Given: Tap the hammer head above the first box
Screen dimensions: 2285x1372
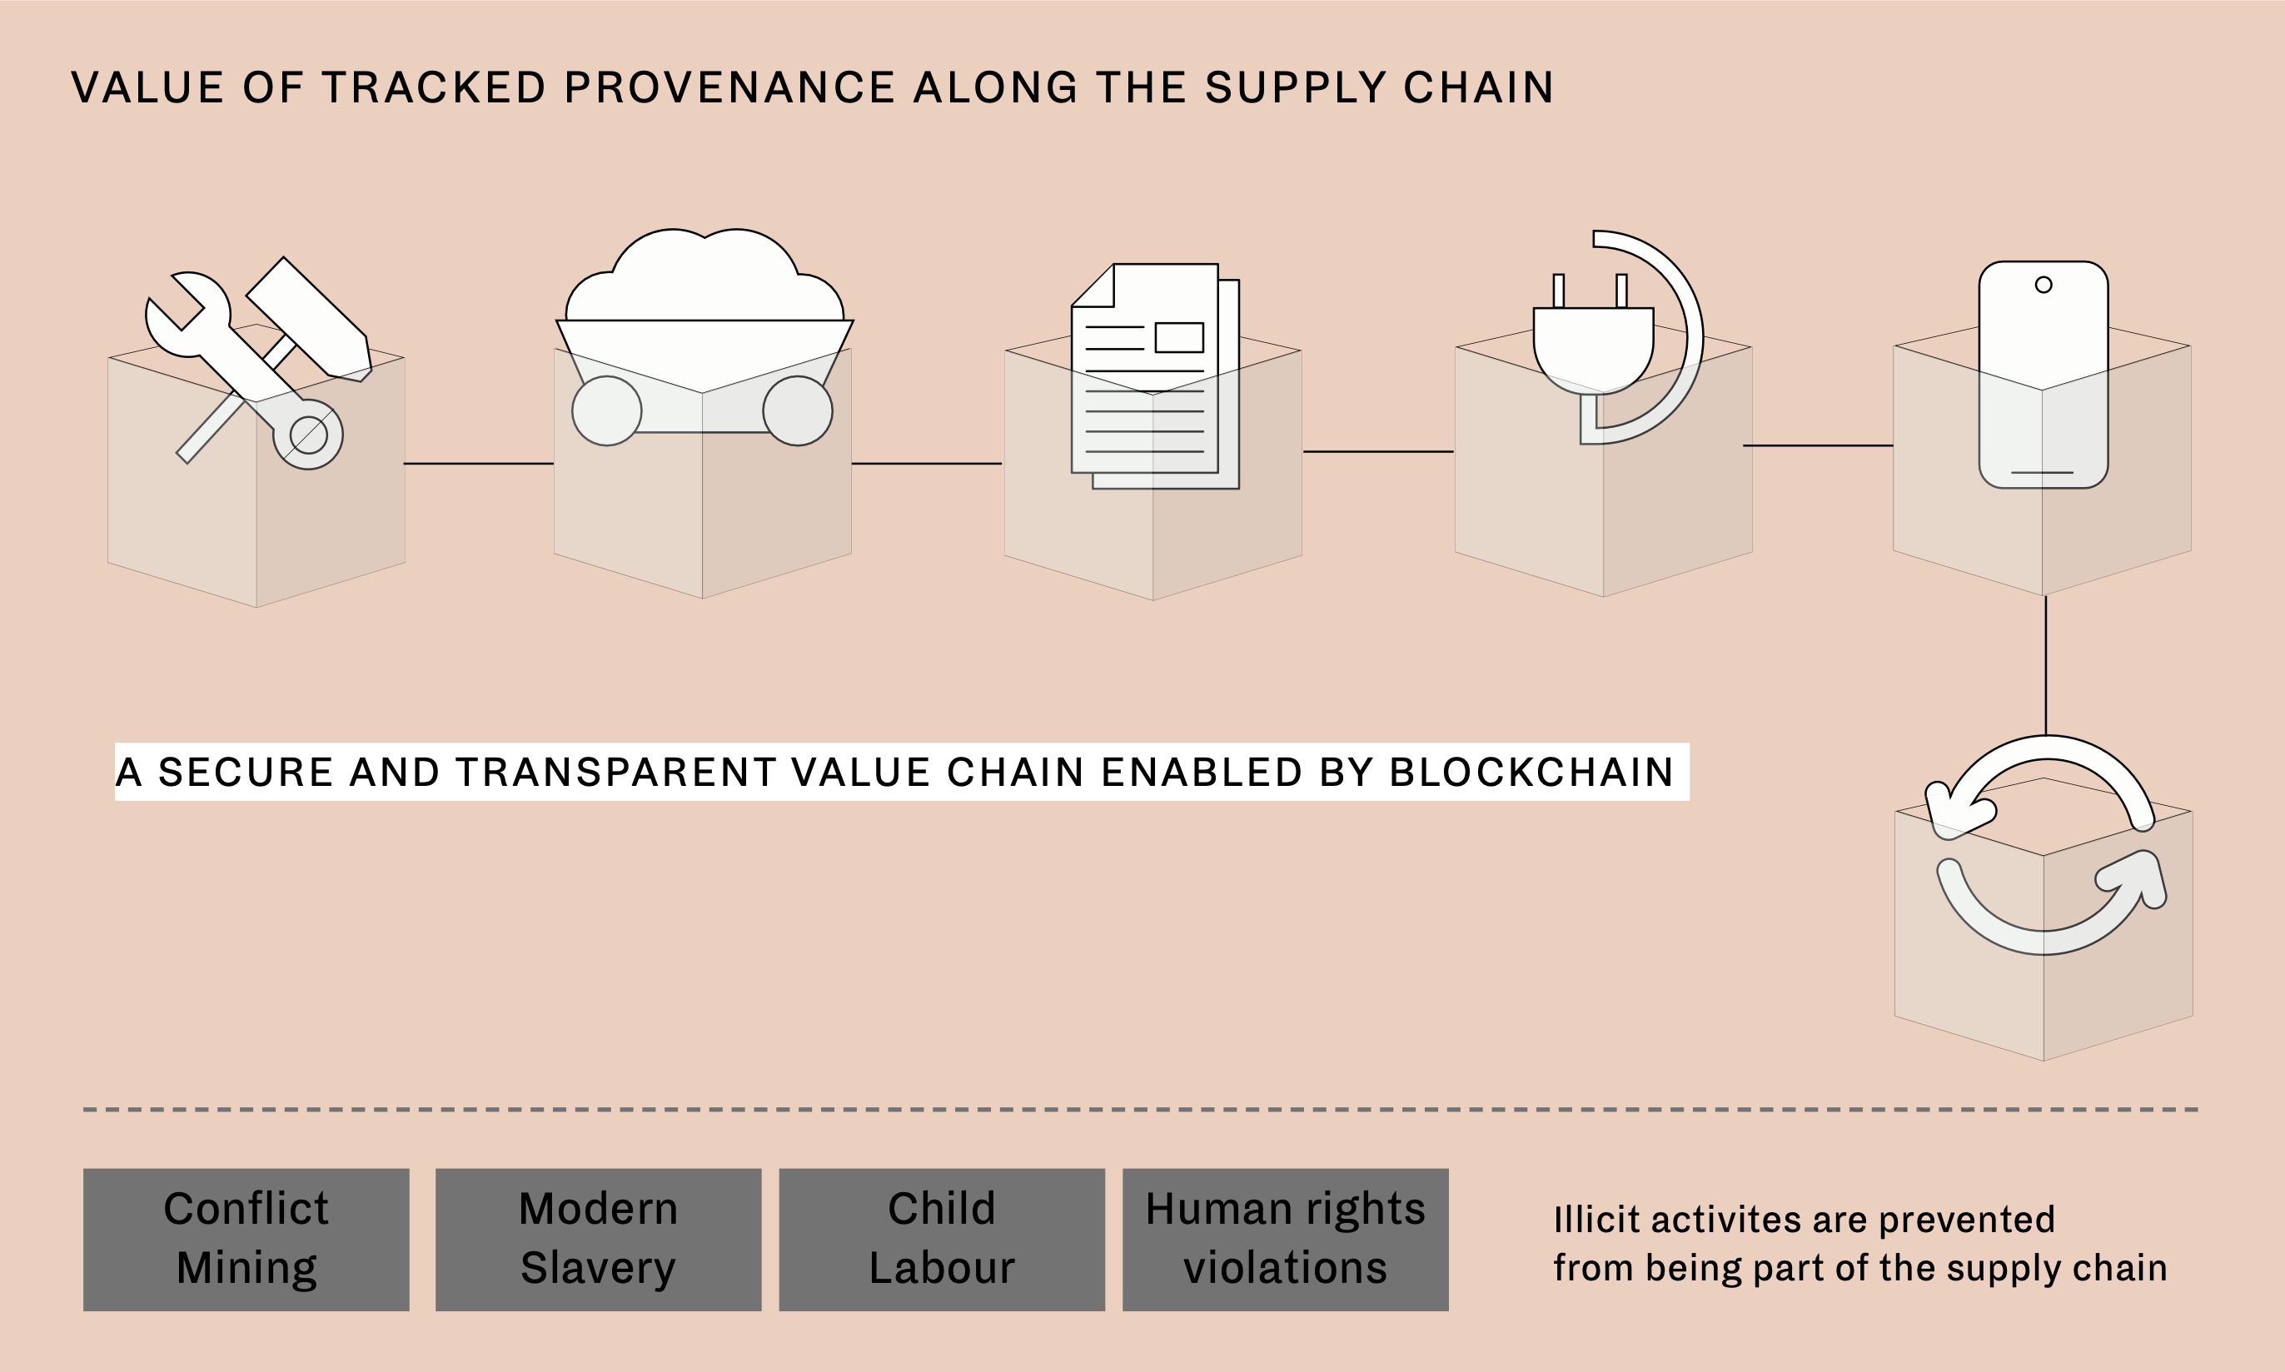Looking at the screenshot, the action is click(309, 320).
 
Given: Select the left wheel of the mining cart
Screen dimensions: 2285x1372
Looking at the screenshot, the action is click(606, 411).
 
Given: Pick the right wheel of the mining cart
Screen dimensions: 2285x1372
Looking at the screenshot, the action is click(797, 410).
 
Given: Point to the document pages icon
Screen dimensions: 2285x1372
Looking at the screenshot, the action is click(1155, 375).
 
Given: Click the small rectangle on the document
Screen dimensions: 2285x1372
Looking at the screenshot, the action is click(1179, 337).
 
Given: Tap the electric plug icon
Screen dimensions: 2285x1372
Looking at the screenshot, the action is click(1593, 335).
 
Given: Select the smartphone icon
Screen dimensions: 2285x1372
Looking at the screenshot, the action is click(2044, 375).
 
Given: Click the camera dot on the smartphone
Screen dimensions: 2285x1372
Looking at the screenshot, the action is click(2044, 285).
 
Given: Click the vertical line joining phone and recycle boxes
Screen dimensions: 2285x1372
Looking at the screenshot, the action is click(2045, 666).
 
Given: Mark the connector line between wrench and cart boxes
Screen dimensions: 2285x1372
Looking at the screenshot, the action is click(479, 463).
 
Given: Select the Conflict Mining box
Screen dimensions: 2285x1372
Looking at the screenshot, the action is click(246, 1240).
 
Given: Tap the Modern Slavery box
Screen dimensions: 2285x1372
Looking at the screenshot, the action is click(598, 1240).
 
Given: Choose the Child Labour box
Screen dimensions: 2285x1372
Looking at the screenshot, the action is click(943, 1240).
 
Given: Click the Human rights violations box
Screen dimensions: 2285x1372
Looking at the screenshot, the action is click(1286, 1240).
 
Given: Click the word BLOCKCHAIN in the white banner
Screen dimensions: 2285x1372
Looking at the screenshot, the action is click(1531, 772).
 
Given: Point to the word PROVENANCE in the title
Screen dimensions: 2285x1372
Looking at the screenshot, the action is click(729, 87).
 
